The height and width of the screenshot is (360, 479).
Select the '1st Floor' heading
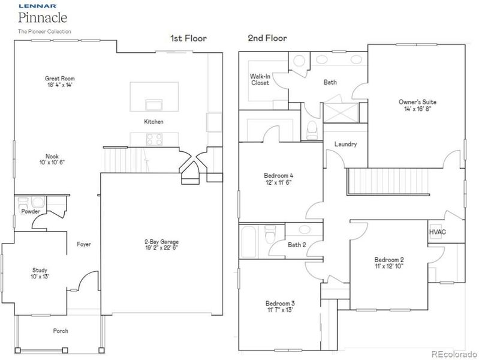click(188, 38)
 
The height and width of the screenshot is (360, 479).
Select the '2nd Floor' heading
click(267, 38)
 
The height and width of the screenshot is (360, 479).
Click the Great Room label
click(60, 78)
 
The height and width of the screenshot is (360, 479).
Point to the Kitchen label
click(153, 122)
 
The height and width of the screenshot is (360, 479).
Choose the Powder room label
click(30, 212)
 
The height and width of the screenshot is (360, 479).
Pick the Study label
click(40, 270)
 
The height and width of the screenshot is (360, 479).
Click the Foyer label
click(83, 244)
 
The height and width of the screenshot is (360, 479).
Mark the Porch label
click(60, 331)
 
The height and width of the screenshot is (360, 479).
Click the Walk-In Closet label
click(260, 79)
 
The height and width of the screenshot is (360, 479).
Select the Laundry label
click(347, 145)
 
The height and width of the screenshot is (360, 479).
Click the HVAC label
click(437, 232)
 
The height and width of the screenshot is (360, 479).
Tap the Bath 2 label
click(297, 245)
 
